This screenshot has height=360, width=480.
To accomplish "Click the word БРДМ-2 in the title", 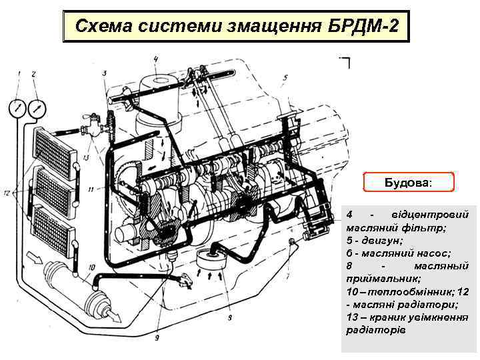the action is tap(363, 26).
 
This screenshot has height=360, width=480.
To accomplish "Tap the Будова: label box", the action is tap(409, 182).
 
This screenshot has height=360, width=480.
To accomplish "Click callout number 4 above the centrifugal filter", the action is tap(155, 60).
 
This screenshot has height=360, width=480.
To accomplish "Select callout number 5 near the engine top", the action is tap(285, 78).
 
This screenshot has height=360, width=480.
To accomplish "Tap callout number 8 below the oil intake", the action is tap(230, 318).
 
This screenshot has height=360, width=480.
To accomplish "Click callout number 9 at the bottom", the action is tap(157, 338).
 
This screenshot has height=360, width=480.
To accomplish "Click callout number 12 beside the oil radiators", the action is tap(7, 193).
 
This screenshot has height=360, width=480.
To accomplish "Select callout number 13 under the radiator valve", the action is tap(86, 158).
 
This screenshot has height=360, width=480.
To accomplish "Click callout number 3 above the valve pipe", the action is tap(105, 73).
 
